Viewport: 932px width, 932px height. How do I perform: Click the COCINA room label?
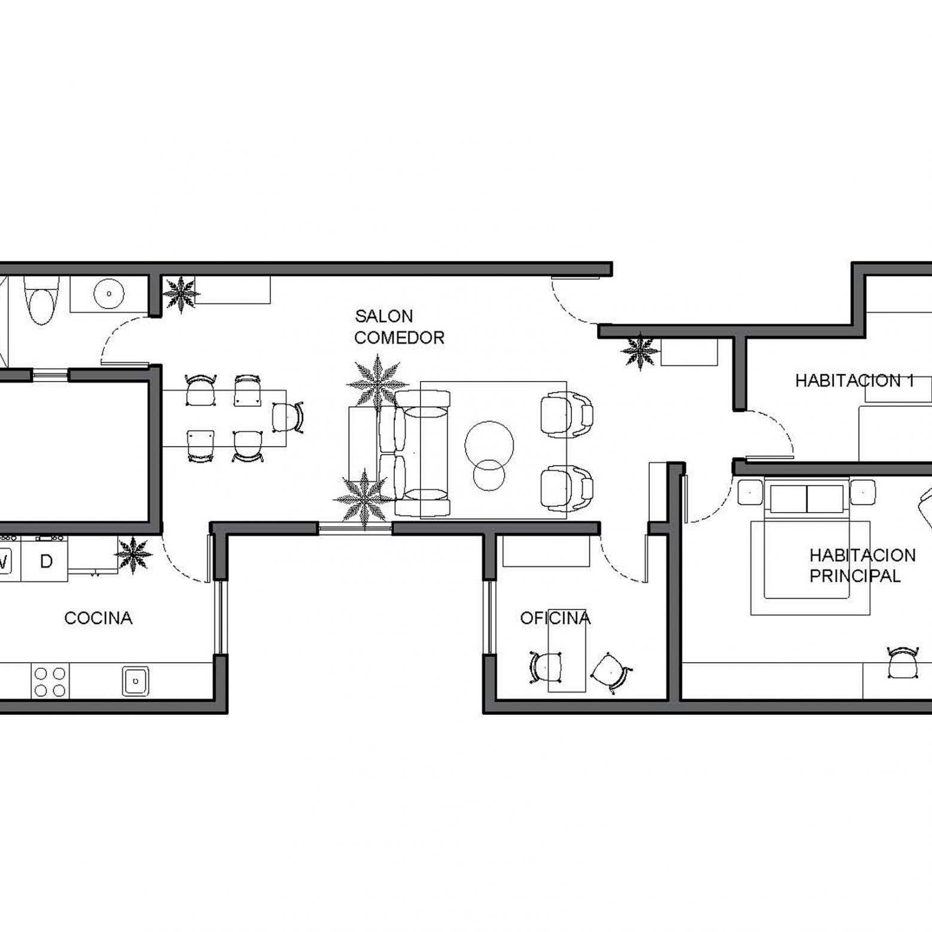click(x=98, y=618)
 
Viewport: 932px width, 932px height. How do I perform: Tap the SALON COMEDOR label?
click(x=399, y=327)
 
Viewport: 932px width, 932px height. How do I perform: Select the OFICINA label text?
click(x=555, y=618)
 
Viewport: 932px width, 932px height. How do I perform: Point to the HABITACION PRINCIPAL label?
click(x=862, y=565)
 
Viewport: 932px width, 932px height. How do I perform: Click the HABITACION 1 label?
click(x=854, y=380)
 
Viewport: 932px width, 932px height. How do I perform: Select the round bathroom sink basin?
click(x=109, y=294)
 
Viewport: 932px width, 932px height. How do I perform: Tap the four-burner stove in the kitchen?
click(x=50, y=681)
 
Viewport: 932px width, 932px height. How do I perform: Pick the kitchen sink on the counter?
click(x=136, y=681)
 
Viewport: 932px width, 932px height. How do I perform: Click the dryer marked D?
click(x=45, y=561)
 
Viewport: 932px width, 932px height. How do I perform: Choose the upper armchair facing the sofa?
click(x=566, y=415)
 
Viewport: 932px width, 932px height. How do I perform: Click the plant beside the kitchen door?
click(x=133, y=555)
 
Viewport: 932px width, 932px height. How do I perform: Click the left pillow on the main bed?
click(x=788, y=499)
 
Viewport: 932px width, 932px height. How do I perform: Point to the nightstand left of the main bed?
click(x=750, y=491)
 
